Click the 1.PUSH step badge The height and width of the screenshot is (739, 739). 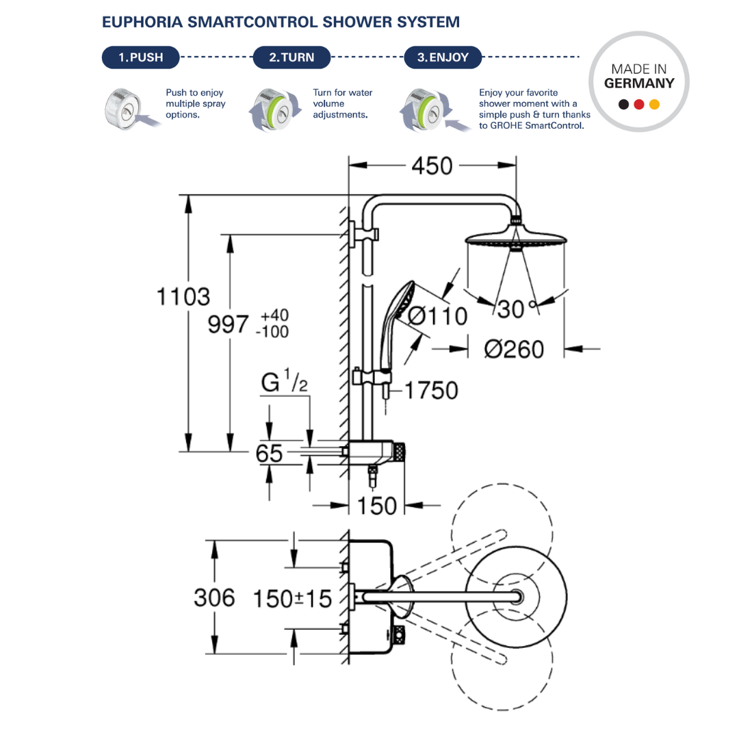(140, 57)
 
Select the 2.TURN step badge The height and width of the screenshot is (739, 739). (291, 57)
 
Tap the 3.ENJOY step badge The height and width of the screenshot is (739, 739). (443, 57)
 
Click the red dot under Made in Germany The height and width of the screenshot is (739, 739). (638, 105)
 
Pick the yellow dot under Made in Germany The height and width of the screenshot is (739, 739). (654, 105)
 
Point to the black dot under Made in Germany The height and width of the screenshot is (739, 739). (623, 105)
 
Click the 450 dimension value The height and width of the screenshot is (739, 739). (431, 166)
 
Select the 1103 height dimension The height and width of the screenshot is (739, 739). (183, 297)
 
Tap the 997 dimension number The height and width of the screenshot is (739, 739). (229, 325)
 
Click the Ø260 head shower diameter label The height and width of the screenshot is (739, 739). (514, 349)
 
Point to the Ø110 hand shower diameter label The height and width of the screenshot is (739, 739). (437, 316)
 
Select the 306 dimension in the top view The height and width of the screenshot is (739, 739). (214, 597)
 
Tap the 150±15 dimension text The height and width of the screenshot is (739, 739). (292, 599)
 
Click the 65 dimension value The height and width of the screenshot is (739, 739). (270, 454)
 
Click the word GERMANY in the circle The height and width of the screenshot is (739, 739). (639, 83)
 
